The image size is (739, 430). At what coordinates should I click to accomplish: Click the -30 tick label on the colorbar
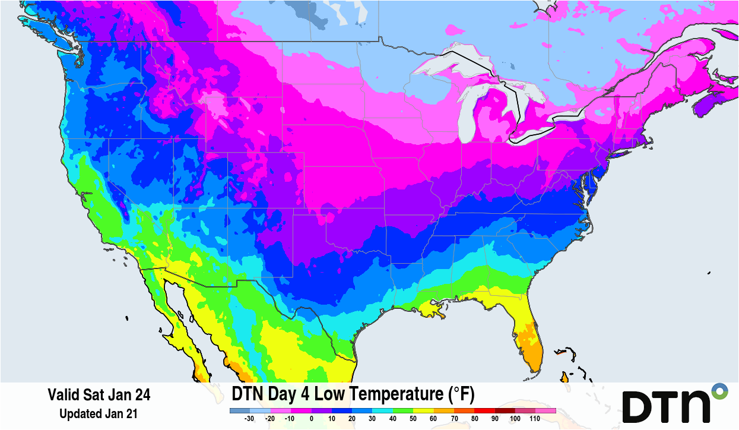coord(250,419)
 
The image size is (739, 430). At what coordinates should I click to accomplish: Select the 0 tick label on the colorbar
coord(311,419)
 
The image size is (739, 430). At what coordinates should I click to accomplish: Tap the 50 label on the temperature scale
coord(413,419)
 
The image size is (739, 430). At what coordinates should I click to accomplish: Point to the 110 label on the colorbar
coord(535,419)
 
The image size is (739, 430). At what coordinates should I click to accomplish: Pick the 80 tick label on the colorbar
coord(474,419)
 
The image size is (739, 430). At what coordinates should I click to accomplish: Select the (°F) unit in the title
coord(459,394)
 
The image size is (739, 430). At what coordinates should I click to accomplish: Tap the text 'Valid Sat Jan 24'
coord(99,395)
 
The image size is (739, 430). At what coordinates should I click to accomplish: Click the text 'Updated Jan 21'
coord(99,414)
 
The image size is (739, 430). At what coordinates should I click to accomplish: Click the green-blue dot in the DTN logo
coord(719,391)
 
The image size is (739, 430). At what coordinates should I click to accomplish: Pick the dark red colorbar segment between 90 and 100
coord(505,410)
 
